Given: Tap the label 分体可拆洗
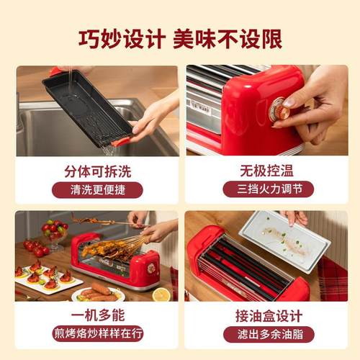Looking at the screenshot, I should coord(96,171).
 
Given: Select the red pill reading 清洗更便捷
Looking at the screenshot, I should coord(96,191).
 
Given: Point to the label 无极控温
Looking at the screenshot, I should coord(263,171).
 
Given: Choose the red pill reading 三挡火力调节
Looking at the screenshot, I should coord(263,191).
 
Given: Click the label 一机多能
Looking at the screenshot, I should coord(96,316).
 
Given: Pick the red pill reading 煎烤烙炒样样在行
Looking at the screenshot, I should coord(96,335).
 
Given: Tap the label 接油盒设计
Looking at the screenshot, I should coord(263,316).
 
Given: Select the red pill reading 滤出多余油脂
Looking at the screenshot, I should coord(263,335).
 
